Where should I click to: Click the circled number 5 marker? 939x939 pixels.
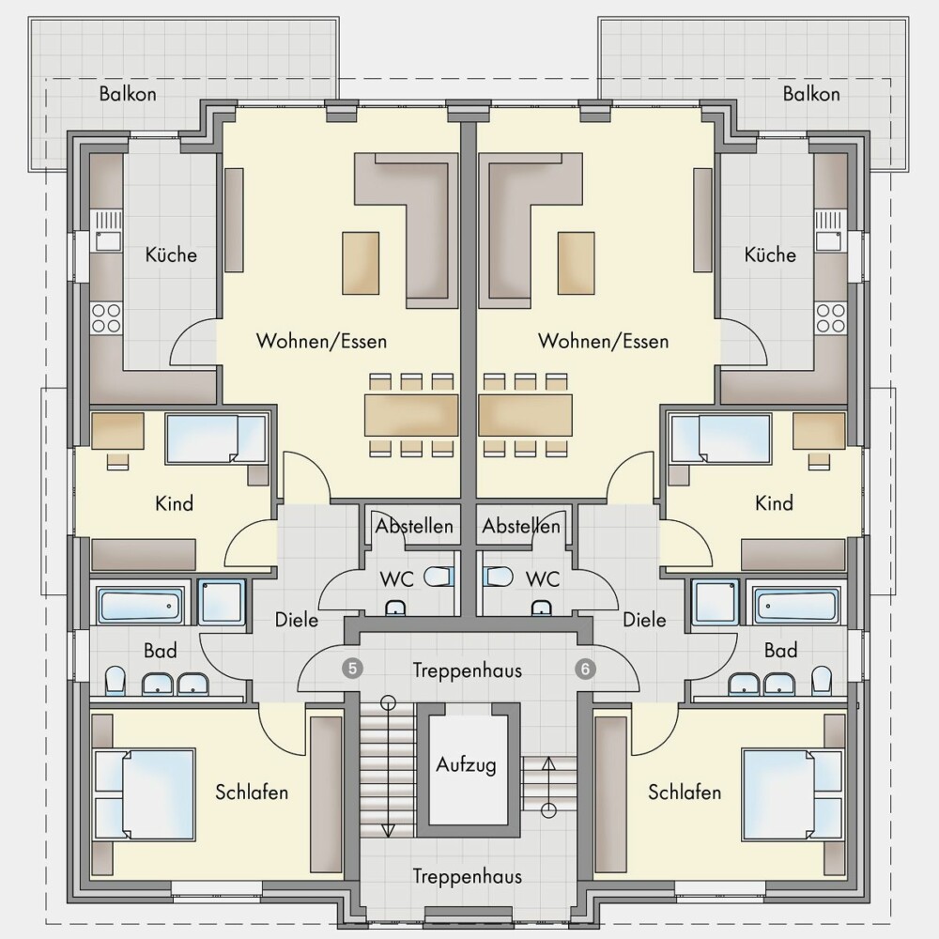click(353, 669)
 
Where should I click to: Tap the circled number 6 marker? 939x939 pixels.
click(585, 669)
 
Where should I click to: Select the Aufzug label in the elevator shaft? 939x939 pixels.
click(466, 764)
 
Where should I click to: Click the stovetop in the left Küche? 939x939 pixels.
click(106, 318)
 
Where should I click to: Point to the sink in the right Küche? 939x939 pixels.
click(829, 231)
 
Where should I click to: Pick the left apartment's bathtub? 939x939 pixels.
click(141, 606)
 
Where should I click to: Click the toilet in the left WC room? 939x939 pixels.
click(439, 577)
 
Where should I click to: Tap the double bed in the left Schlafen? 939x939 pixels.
click(145, 793)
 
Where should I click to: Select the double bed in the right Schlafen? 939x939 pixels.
click(792, 793)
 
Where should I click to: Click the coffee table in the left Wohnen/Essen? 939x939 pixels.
click(361, 264)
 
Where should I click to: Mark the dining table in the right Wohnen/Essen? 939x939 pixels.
click(525, 414)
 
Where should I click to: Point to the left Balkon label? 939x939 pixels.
click(128, 94)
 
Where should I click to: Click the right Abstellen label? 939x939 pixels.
click(521, 526)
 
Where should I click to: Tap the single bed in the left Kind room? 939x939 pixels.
click(216, 439)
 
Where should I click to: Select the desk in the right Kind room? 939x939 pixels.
click(819, 431)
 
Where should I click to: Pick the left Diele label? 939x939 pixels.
click(297, 619)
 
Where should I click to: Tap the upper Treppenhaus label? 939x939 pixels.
click(467, 670)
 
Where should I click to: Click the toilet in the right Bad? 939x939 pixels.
click(822, 682)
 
